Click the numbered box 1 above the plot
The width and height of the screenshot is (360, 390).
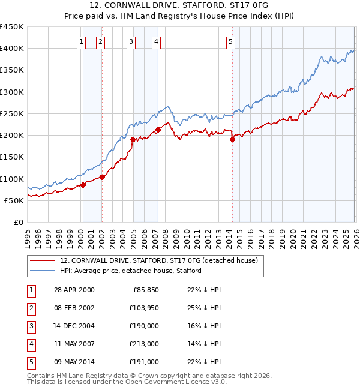[81, 41]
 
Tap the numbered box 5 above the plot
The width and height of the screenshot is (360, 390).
[231, 41]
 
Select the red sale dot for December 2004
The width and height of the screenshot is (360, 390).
[133, 139]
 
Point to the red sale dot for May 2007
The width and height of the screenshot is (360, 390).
[158, 130]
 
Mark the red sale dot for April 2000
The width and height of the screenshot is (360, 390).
[83, 185]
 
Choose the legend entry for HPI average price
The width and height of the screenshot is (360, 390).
[130, 271]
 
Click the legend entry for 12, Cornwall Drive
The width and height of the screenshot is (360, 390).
[158, 260]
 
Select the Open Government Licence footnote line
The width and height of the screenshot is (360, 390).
[127, 382]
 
